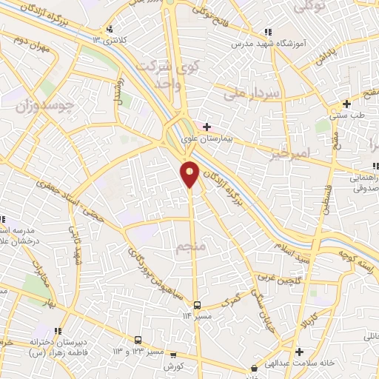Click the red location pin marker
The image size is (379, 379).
190,173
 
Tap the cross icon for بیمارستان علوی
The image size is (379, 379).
207,126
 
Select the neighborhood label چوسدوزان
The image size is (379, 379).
44,104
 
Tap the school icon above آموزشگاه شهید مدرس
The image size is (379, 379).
268,32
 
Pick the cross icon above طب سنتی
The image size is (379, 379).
347,104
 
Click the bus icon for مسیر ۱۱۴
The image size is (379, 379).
197,305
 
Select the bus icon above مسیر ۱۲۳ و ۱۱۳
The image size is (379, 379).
138,340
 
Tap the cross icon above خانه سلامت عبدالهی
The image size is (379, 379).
299,352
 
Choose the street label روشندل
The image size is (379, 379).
116,93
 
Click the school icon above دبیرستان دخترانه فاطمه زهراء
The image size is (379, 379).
57,330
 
